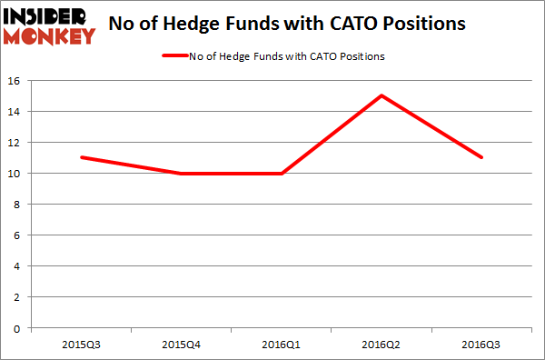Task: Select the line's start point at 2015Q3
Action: (x=81, y=157)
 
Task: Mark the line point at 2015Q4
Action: (x=182, y=173)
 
